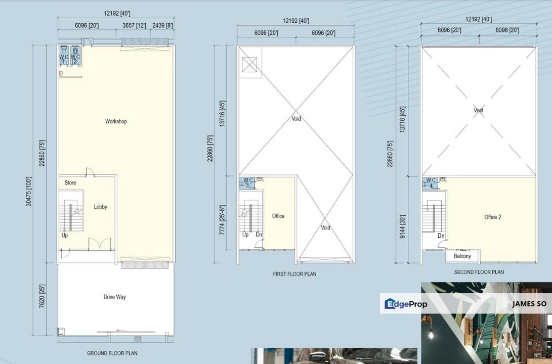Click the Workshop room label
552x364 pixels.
coord(116,121)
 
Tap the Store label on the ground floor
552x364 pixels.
coord(70,183)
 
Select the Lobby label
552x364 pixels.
coord(101,207)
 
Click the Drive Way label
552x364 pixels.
coord(114,297)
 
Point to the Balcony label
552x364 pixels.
coord(462,256)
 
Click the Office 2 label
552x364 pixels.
coord(492,217)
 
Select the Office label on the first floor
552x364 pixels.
coord(278,216)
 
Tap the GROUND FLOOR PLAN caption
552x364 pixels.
coord(112,353)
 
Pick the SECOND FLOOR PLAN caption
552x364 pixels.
coord(479,272)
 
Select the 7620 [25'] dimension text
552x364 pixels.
coord(43,299)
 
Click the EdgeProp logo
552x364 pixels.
coord(406,304)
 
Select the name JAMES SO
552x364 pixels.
coord(529,304)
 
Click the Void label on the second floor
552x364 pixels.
coord(478,110)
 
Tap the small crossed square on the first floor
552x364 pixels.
coord(250,64)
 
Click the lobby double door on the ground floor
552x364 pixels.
coord(99,244)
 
